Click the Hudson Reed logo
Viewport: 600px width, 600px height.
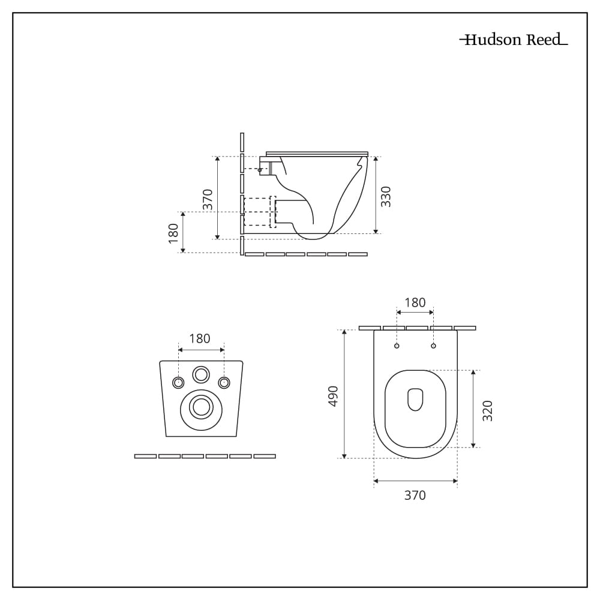tap(514, 40)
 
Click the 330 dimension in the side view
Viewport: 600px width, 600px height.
tap(386, 196)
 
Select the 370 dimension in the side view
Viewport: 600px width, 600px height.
tap(208, 199)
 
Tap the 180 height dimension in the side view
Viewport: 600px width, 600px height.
tap(173, 233)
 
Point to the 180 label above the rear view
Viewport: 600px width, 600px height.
tap(200, 338)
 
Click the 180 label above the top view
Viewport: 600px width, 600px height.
tap(415, 302)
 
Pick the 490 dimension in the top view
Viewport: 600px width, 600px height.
tap(334, 396)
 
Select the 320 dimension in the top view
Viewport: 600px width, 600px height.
tap(488, 410)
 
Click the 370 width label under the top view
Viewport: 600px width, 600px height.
tap(415, 495)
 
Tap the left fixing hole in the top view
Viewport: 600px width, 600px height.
tap(397, 346)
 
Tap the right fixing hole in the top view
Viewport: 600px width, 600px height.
tap(433, 346)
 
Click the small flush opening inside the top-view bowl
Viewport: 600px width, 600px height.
tap(415, 400)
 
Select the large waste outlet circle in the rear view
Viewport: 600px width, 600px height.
tap(201, 408)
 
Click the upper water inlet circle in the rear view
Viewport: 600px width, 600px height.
tap(201, 375)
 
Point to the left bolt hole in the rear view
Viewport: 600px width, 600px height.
tap(178, 383)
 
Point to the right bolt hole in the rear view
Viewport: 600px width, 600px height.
tap(224, 383)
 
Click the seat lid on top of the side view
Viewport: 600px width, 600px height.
tap(316, 154)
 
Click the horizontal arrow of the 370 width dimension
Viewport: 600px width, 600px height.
tap(415, 481)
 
